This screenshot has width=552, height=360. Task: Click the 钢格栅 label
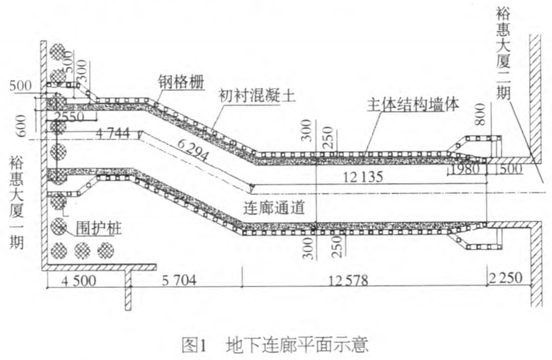[181, 82]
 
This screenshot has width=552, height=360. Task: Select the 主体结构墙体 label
[413, 103]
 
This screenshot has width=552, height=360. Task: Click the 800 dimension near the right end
[481, 115]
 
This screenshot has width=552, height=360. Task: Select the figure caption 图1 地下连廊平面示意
[275, 347]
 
